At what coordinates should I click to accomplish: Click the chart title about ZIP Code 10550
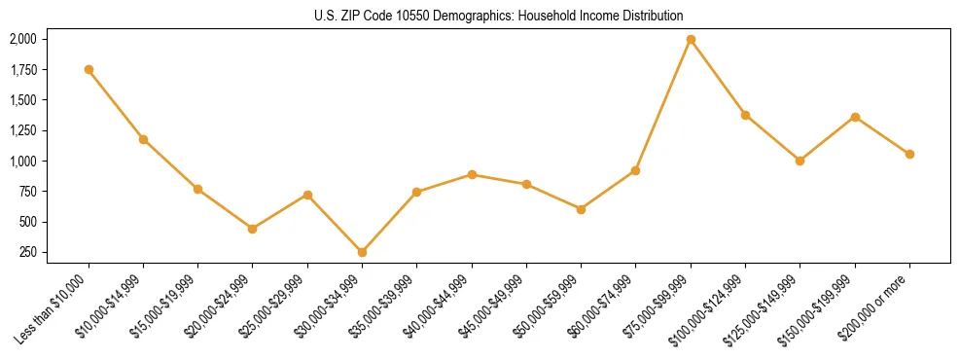click(x=499, y=16)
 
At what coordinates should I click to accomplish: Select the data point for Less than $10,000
click(x=89, y=69)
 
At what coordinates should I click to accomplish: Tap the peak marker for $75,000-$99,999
click(x=691, y=39)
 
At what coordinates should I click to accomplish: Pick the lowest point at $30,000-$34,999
click(x=362, y=252)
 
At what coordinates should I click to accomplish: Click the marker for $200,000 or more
click(x=909, y=154)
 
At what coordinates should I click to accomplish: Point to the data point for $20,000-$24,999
click(x=253, y=229)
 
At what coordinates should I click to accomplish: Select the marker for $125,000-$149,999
click(x=800, y=161)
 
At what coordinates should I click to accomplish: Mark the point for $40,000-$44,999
click(x=472, y=174)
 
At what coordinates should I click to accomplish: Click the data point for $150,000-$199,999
click(x=855, y=117)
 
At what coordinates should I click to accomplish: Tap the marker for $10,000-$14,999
click(x=143, y=139)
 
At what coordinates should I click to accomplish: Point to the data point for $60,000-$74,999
click(x=635, y=170)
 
